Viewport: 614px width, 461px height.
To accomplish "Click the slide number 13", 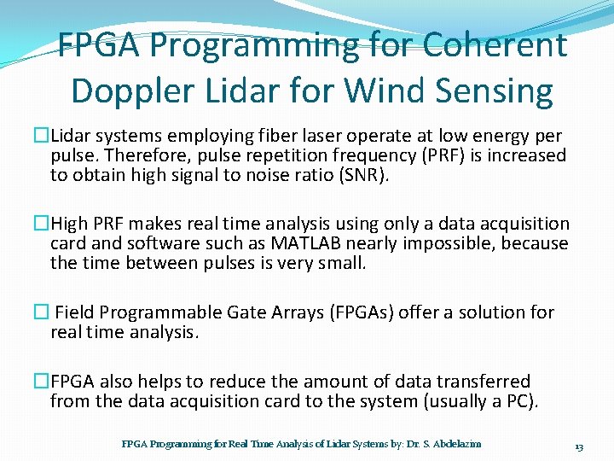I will [x=578, y=446].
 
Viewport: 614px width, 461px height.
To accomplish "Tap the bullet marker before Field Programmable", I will [x=42, y=312].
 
